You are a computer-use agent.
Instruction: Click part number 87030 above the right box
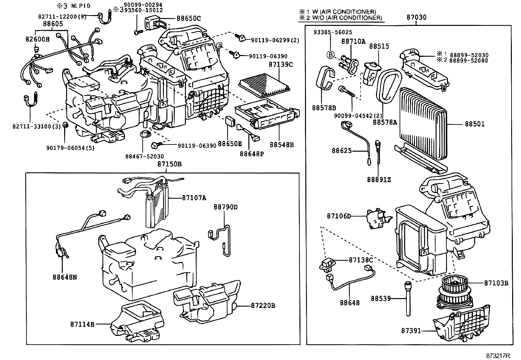click(x=416, y=17)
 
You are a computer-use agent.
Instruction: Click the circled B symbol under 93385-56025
click(x=331, y=55)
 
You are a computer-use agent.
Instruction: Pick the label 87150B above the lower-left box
click(x=170, y=164)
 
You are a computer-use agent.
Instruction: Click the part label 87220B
click(x=263, y=306)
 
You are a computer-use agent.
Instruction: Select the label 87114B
click(x=82, y=324)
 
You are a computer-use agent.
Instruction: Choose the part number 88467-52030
click(x=144, y=157)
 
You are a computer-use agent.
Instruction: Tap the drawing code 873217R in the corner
click(x=498, y=355)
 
